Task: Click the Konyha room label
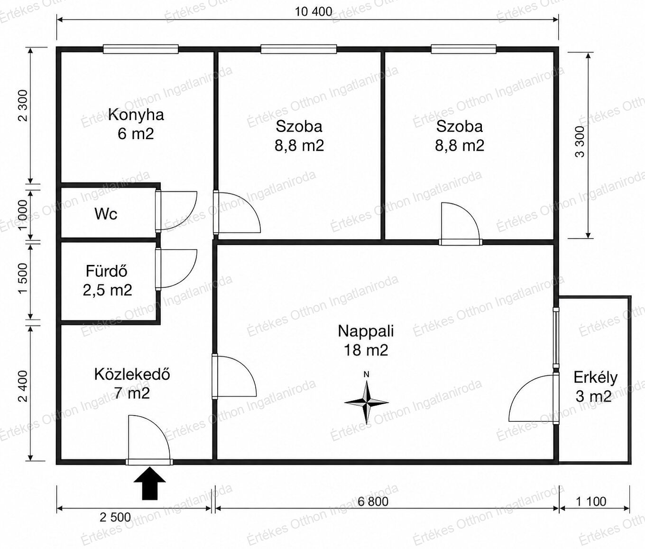click(136, 115)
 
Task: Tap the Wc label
click(106, 214)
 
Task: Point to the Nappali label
click(366, 331)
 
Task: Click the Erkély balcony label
click(595, 378)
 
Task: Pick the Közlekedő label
click(132, 374)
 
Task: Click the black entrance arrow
click(150, 483)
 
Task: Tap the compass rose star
click(366, 403)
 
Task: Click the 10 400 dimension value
click(313, 12)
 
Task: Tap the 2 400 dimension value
click(23, 387)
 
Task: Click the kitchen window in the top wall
click(141, 49)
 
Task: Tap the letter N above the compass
click(367, 374)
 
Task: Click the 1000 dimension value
click(23, 215)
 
